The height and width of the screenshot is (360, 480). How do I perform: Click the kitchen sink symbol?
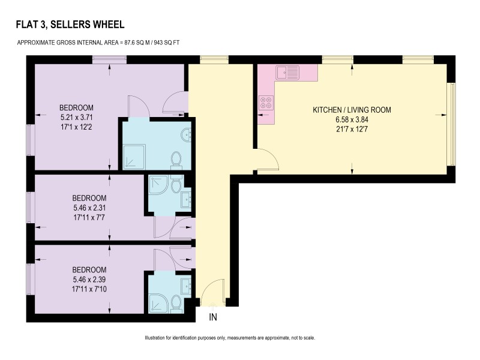tap(287, 73)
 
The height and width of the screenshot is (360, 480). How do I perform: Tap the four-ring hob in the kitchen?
tap(266, 103)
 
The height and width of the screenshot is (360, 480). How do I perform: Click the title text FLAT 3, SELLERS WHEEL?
tap(70, 25)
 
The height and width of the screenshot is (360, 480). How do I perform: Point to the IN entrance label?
tap(213, 317)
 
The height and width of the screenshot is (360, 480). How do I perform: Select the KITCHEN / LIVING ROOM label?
tap(352, 110)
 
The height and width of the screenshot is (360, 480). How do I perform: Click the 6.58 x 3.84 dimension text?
tap(352, 119)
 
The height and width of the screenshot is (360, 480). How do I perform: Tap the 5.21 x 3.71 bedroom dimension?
tap(77, 117)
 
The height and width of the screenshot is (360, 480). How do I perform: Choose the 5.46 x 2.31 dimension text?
tap(89, 208)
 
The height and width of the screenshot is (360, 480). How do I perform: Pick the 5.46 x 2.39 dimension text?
tap(89, 279)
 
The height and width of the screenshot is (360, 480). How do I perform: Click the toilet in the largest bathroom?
tap(176, 160)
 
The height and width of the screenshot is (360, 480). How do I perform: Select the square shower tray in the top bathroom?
tap(134, 157)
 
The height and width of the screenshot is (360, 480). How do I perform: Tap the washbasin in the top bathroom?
tap(186, 135)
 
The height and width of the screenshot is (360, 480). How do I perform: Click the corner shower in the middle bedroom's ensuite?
tap(158, 185)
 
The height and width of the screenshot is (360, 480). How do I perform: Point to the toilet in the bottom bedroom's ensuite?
tap(176, 304)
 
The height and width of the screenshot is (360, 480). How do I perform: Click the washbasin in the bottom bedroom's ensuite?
tap(186, 286)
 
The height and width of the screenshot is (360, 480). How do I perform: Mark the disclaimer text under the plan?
tap(230, 338)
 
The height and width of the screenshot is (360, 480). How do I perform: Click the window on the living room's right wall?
tap(451, 124)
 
